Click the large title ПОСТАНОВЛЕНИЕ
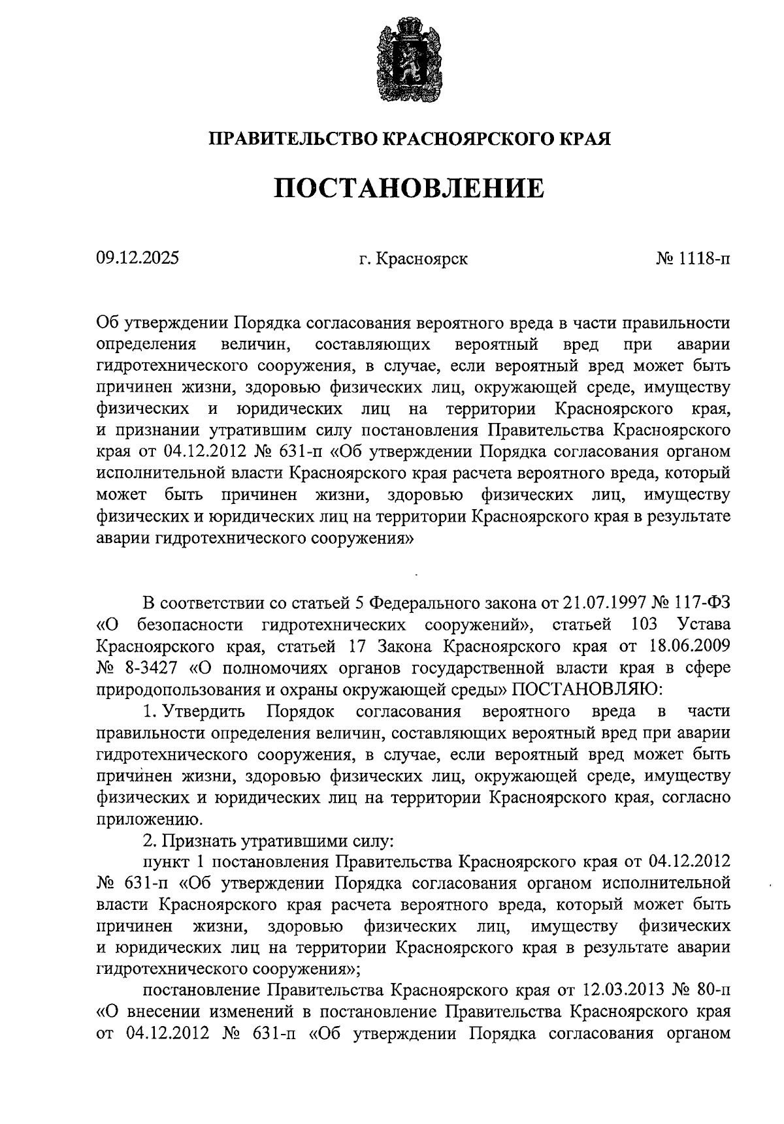point(408,189)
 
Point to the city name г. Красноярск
point(414,259)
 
